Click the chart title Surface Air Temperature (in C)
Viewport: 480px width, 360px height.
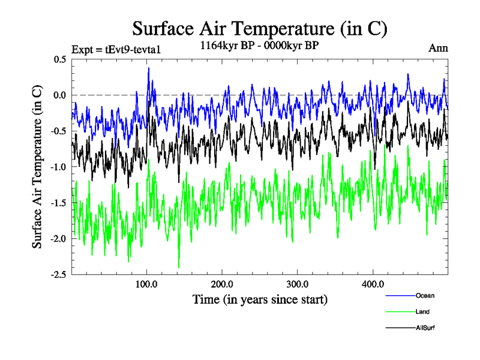point(260,28)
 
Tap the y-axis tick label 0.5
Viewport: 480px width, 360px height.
point(59,59)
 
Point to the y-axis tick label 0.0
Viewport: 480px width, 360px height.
point(59,95)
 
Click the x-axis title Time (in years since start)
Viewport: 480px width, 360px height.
point(260,299)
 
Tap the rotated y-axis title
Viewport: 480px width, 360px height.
point(37,167)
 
